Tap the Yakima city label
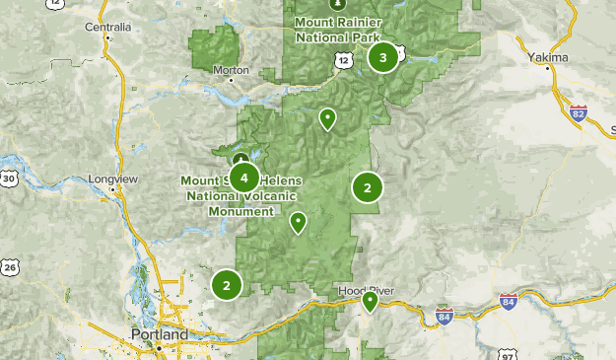click(548, 58)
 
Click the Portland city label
click(159, 335)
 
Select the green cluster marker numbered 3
click(383, 57)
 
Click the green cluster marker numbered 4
click(243, 178)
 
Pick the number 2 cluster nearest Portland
click(227, 285)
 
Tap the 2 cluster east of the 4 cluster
click(368, 186)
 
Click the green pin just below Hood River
click(370, 301)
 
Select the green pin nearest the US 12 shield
click(327, 119)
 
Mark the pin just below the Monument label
click(298, 223)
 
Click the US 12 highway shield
click(342, 61)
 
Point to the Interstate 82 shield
click(579, 113)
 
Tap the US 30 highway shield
click(9, 179)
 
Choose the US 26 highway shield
click(9, 266)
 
